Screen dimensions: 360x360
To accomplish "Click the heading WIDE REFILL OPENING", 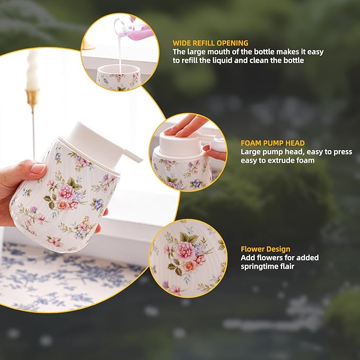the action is coord(210,43).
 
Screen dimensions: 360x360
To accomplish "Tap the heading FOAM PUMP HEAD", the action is coord(273,143).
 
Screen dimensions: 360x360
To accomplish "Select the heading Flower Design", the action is coord(266,249).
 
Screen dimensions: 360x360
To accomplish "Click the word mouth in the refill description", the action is coord(219,52).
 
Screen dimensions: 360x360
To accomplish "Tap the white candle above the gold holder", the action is coord(32,69).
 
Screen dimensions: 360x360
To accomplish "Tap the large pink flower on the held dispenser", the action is coord(65,192).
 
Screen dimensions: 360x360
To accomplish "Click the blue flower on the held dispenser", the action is coord(98,204).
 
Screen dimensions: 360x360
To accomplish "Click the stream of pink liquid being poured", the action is coord(119,51).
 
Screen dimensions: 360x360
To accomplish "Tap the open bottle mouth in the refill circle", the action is coord(119,69).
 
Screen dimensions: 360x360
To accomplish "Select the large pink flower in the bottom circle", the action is coord(185,251).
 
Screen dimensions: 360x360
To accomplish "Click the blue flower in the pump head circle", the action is coord(197,183).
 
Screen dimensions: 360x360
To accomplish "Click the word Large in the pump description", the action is coord(250,152).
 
